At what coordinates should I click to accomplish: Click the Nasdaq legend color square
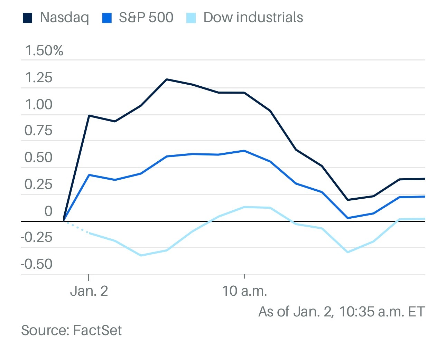click(x=27, y=18)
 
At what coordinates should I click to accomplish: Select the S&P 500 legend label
click(x=146, y=17)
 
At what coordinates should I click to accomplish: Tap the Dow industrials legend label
click(x=253, y=17)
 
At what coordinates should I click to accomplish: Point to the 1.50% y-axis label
click(x=44, y=51)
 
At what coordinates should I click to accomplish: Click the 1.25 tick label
click(x=39, y=78)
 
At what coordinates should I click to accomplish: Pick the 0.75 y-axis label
click(x=38, y=131)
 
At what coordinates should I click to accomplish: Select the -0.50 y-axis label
click(x=37, y=264)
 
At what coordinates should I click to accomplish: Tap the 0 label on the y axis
click(x=48, y=211)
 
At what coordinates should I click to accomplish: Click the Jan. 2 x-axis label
click(x=89, y=291)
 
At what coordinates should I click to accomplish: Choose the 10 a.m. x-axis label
click(x=244, y=291)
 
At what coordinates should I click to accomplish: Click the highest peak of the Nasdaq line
click(x=167, y=79)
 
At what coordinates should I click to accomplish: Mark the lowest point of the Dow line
click(x=141, y=255)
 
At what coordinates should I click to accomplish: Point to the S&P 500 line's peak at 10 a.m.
click(x=244, y=151)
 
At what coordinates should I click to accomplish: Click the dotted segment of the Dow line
click(x=77, y=227)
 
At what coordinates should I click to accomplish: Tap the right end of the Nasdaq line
click(x=424, y=179)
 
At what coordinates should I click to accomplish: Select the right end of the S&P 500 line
click(x=424, y=197)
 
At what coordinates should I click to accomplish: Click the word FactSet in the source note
click(x=97, y=331)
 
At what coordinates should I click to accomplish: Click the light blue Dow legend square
click(x=191, y=18)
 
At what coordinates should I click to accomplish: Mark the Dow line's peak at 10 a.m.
click(x=244, y=207)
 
